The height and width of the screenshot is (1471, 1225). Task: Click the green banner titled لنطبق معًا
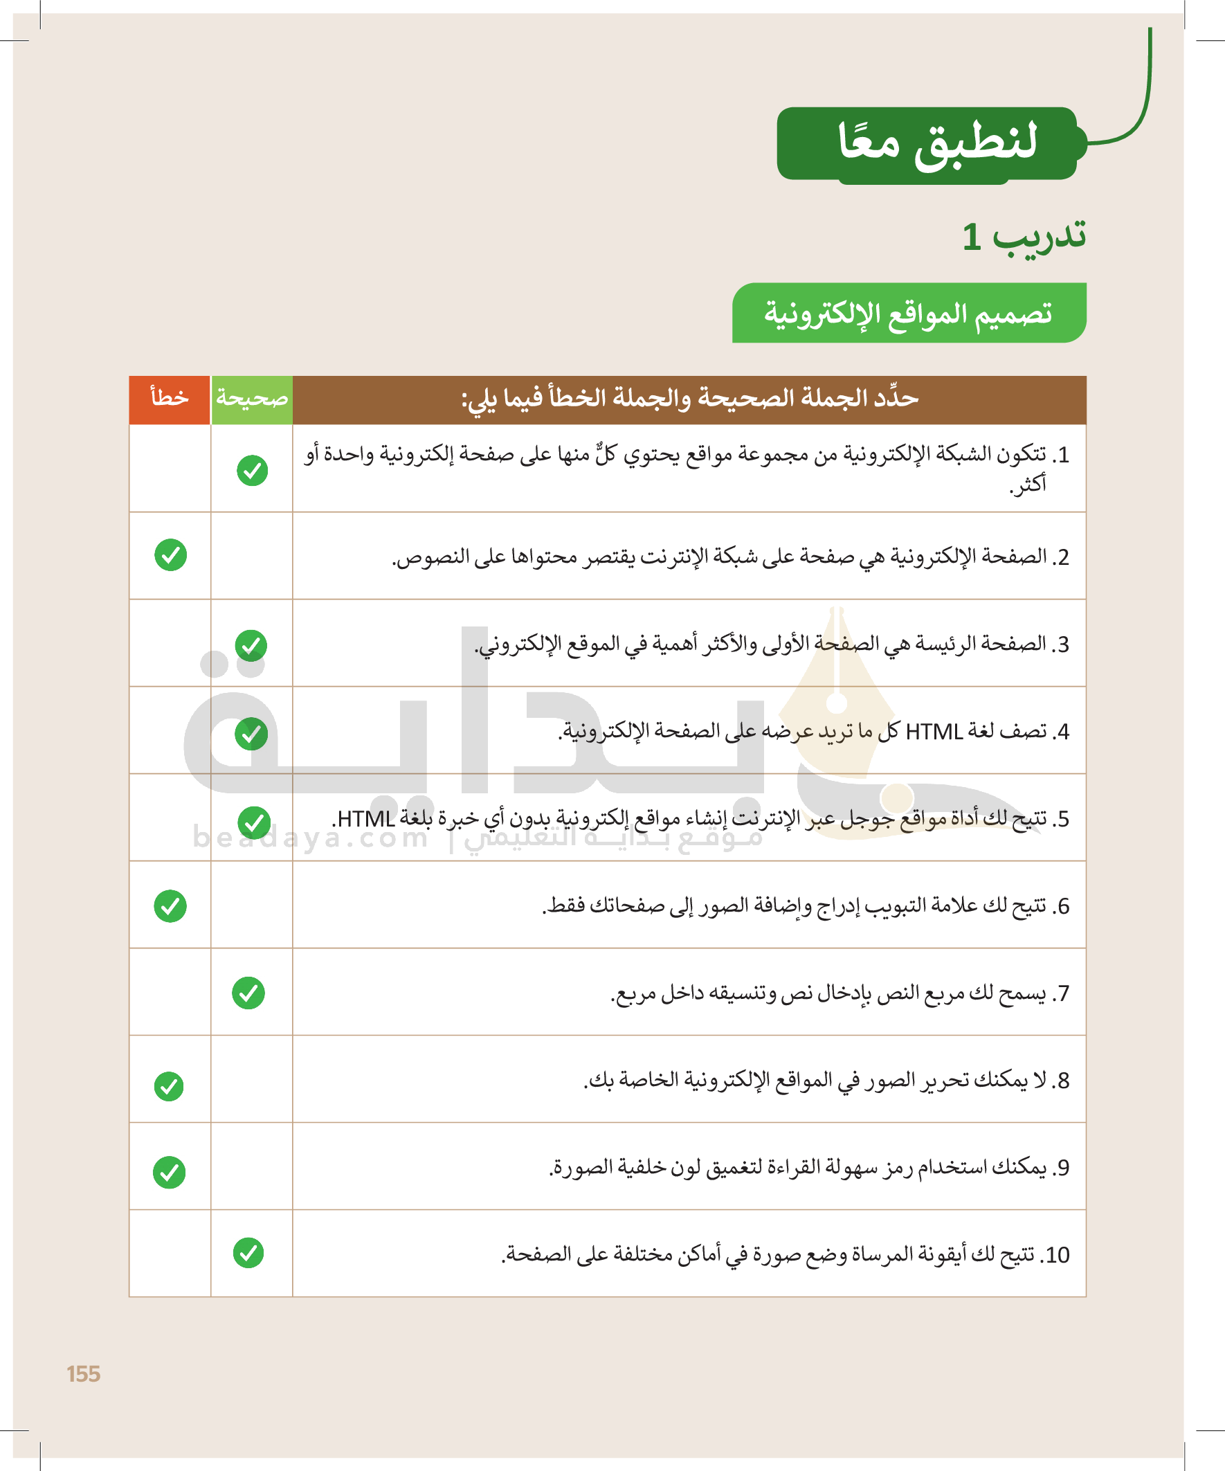(x=932, y=143)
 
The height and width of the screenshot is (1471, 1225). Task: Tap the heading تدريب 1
(x=1024, y=236)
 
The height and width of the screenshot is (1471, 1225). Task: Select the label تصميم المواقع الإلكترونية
(x=909, y=313)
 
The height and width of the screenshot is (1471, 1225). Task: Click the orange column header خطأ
(x=170, y=399)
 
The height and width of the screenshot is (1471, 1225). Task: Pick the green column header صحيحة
(x=251, y=399)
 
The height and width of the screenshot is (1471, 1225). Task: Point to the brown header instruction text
(x=689, y=399)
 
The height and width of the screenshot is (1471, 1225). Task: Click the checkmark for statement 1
(x=252, y=470)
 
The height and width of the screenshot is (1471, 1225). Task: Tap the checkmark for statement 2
(x=170, y=554)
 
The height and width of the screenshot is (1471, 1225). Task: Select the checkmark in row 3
(x=251, y=645)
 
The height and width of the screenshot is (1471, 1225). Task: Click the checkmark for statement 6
(x=170, y=905)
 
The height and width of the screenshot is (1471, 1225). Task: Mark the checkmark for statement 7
(x=248, y=993)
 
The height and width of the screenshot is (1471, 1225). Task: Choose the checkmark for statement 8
(x=169, y=1086)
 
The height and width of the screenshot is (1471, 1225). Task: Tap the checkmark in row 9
(x=170, y=1172)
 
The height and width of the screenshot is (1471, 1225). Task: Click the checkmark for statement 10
(x=248, y=1253)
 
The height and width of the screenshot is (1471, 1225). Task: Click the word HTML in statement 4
(x=934, y=732)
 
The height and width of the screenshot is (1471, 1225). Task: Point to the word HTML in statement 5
(x=365, y=819)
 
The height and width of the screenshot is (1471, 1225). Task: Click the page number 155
(x=83, y=1373)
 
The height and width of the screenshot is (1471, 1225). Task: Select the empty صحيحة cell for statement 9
(x=251, y=1166)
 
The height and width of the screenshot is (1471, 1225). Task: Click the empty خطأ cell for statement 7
(x=170, y=992)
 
